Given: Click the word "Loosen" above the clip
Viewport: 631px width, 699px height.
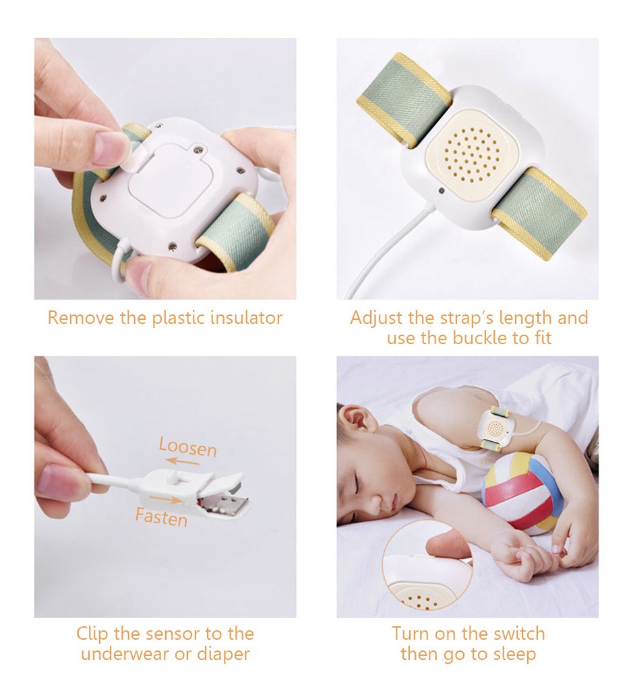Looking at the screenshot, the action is pos(187,447).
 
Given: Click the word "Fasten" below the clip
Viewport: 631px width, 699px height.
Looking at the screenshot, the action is pos(161,517).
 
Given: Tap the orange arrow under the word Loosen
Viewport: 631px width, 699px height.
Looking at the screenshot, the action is pos(185,461).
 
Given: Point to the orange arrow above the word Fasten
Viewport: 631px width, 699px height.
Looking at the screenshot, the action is pos(165,498).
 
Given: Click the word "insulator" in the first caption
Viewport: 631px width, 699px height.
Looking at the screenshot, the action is pos(246,318).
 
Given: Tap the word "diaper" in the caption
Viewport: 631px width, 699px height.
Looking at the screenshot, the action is pos(223,655).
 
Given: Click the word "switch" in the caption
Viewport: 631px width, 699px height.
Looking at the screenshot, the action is pos(518,634).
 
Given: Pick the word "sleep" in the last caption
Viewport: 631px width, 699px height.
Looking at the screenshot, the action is pos(514,655).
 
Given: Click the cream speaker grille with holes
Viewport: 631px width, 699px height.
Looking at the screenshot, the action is pos(471,154).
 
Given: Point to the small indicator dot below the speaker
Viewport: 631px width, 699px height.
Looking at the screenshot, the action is pos(441,191).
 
